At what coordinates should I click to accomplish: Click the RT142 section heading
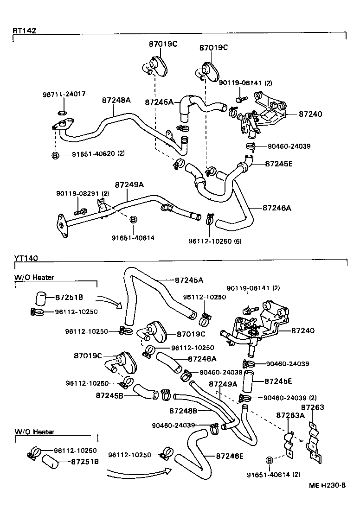24,31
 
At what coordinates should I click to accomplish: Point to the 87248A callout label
116,100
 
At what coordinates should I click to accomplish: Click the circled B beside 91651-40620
55,155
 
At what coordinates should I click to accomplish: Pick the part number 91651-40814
133,238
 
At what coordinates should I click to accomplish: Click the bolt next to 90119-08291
79,212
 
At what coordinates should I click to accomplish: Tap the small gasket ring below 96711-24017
63,112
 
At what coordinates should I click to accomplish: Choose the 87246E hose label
230,456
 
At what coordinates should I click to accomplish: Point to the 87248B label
183,411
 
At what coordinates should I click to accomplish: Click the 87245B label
110,395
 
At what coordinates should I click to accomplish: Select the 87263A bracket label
290,415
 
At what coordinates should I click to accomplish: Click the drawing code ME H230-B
328,485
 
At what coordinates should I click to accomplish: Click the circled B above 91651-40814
133,219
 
